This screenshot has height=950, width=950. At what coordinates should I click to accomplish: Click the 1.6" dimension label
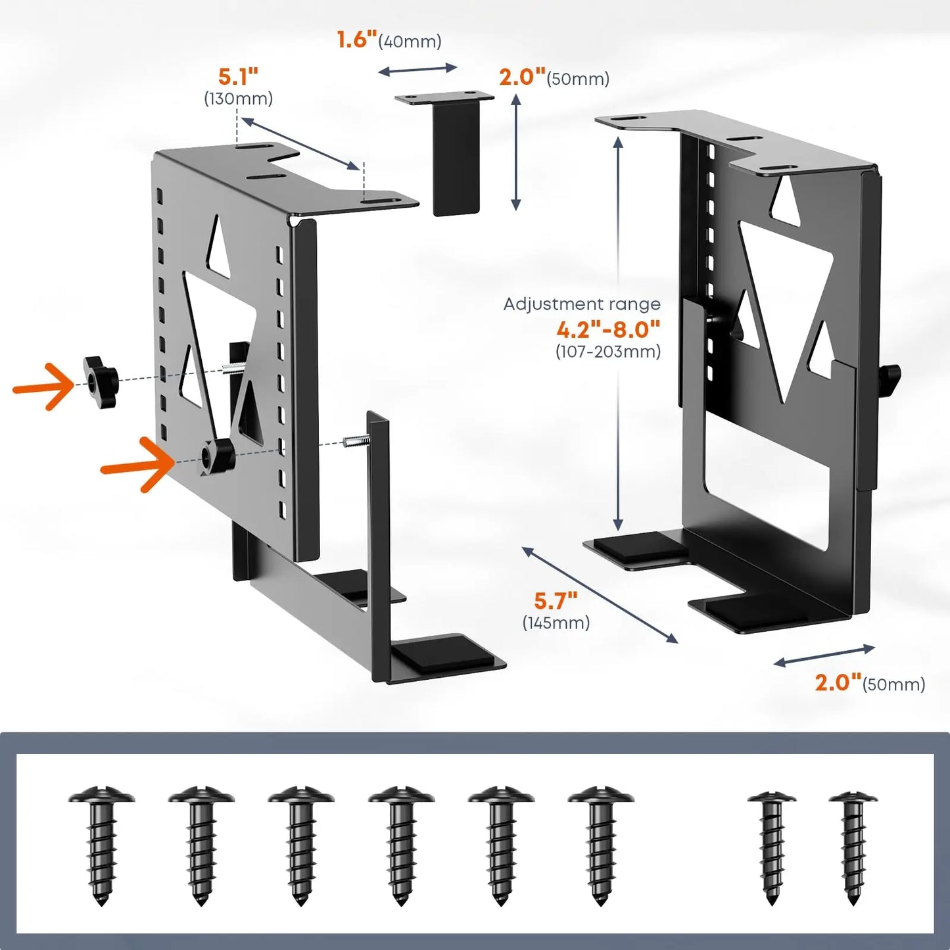(x=356, y=39)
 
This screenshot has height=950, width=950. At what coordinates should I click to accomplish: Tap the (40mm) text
(x=410, y=41)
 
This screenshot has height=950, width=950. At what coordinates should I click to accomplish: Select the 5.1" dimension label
(x=238, y=77)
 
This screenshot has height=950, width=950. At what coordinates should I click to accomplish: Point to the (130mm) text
(x=238, y=99)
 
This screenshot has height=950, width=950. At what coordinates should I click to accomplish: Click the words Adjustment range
(x=582, y=304)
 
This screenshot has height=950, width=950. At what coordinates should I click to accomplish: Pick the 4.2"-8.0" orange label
(x=608, y=328)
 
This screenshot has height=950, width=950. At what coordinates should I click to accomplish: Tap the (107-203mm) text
(x=608, y=351)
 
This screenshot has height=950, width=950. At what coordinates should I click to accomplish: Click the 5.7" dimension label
(x=556, y=600)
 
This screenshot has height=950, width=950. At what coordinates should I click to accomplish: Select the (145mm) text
(x=556, y=623)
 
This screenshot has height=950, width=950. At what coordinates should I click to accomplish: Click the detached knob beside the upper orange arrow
(x=101, y=381)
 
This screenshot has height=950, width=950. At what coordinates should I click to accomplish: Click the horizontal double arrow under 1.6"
(x=417, y=69)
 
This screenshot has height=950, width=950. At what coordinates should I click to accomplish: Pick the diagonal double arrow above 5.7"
(x=600, y=594)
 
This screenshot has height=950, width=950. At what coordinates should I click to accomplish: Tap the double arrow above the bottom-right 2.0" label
(x=824, y=655)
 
